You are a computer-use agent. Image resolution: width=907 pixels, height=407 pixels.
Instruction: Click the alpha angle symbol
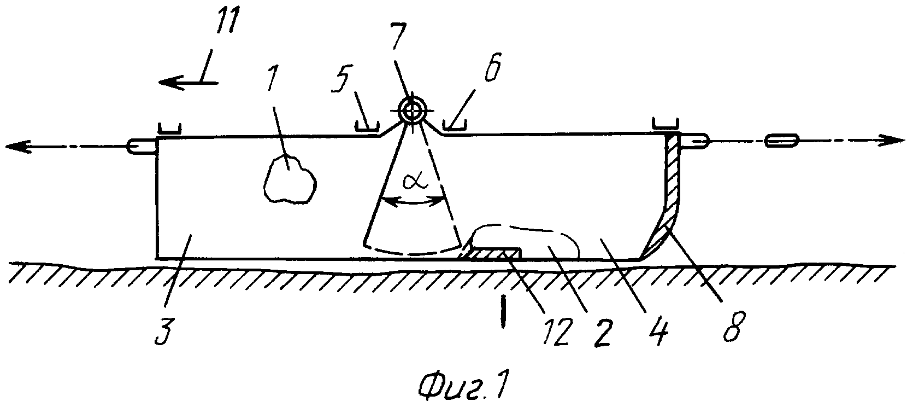pyautogui.click(x=415, y=182)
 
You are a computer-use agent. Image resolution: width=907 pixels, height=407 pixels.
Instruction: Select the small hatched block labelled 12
pyautogui.click(x=491, y=254)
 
